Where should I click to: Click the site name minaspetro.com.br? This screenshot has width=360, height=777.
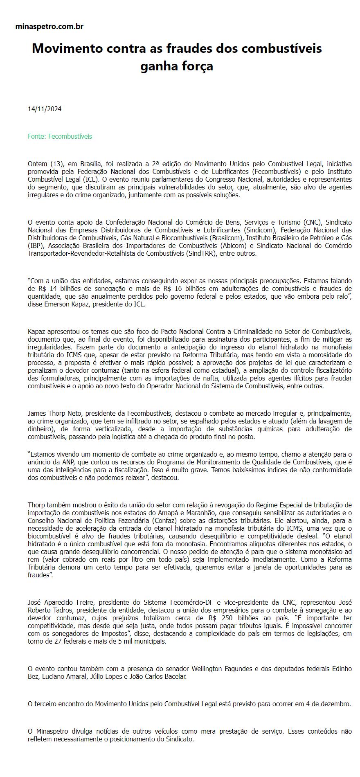tap(49, 27)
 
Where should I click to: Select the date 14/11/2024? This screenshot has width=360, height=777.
tap(45, 109)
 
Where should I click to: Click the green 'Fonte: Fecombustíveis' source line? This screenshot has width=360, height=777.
tap(60, 136)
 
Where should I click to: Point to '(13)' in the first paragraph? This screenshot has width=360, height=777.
tap(56, 164)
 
